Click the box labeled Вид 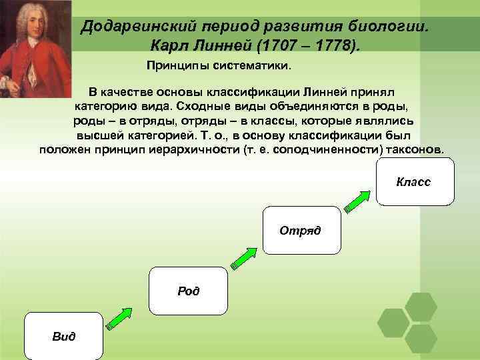click(x=64, y=336)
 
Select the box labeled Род click(x=189, y=291)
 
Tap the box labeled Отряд click(x=301, y=230)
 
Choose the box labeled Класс click(x=414, y=181)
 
